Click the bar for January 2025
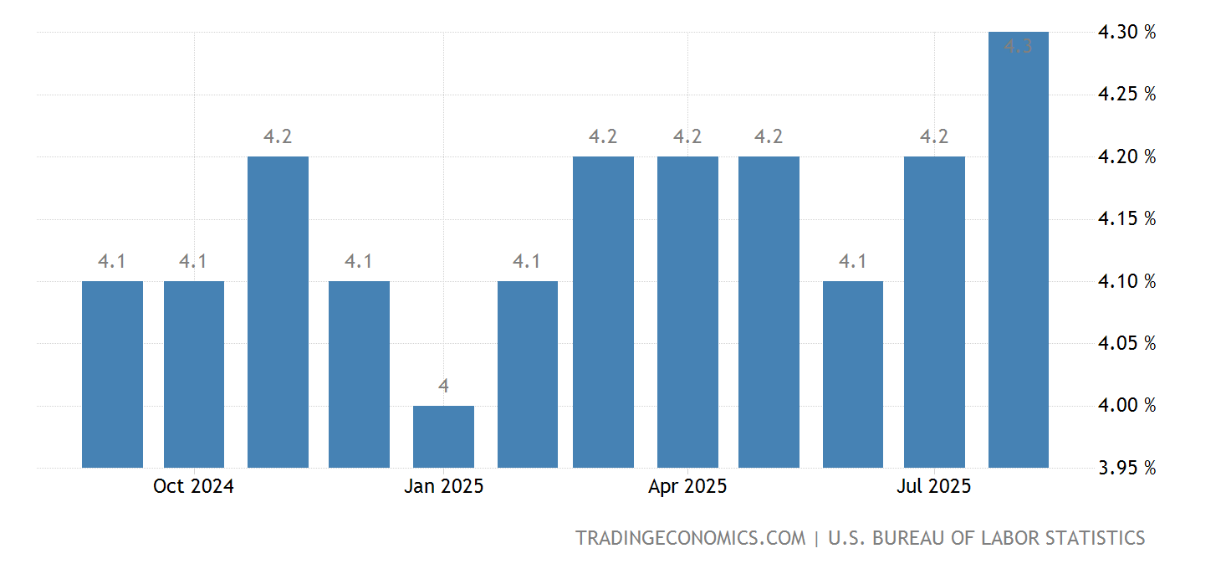click(x=443, y=437)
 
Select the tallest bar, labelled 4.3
click(x=1018, y=251)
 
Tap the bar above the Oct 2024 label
click(x=194, y=374)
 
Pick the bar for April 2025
click(x=687, y=312)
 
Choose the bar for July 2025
click(x=934, y=312)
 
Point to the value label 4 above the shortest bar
click(x=443, y=386)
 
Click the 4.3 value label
click(x=1018, y=47)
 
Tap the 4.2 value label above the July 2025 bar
click(x=934, y=136)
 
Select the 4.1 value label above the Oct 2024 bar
click(x=193, y=261)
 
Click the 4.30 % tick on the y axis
click(x=1126, y=33)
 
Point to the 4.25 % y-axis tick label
click(x=1126, y=95)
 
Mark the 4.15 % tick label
click(x=1126, y=219)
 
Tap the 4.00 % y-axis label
click(x=1126, y=406)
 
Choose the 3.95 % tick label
click(x=1126, y=468)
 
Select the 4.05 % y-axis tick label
click(x=1126, y=343)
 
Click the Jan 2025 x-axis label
click(x=443, y=486)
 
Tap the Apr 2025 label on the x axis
click(x=687, y=486)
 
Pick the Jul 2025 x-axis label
click(x=934, y=486)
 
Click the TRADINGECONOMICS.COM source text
click(x=690, y=538)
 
